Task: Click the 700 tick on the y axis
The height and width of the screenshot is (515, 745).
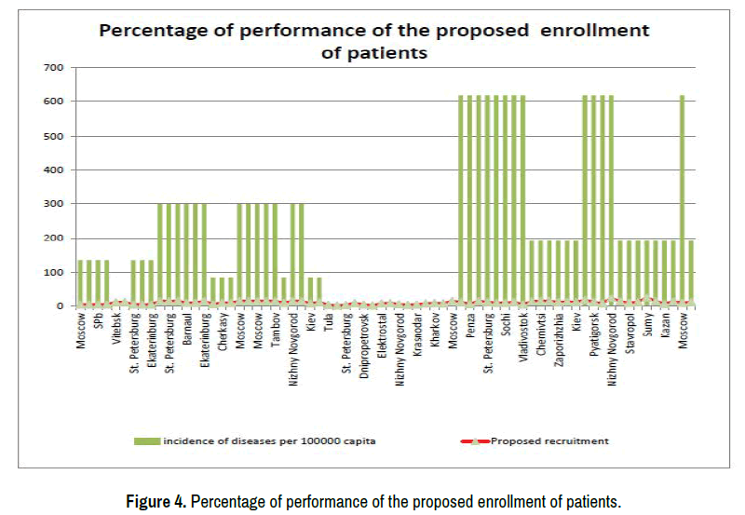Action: coord(55,68)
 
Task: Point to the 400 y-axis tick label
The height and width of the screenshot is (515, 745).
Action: coord(55,170)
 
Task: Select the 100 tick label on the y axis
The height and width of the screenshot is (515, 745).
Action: coord(55,272)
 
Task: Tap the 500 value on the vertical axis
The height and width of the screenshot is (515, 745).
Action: coord(55,136)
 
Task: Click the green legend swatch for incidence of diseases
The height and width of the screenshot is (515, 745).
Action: coord(146,440)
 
